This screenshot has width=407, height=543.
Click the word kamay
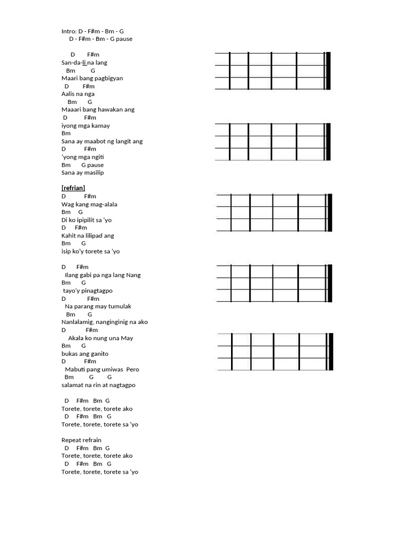[101, 126]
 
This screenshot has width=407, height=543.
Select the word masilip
[94, 173]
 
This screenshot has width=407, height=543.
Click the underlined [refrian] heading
[73, 188]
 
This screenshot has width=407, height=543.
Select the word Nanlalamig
[76, 322]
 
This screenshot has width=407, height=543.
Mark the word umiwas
[111, 369]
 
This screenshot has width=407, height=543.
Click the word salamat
[73, 385]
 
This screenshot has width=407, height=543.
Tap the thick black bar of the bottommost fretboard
[331, 352]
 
